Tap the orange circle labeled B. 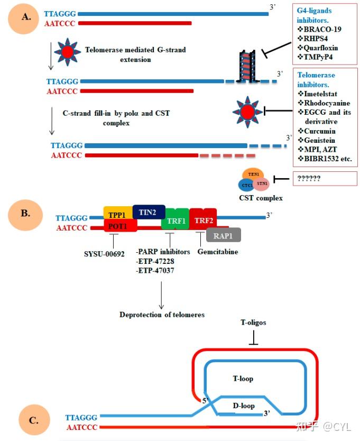[25, 215]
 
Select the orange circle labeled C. [34, 420]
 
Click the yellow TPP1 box [118, 213]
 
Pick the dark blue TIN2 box [149, 212]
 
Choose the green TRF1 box [175, 219]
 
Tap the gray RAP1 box [223, 235]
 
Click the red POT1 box [121, 226]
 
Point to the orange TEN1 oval [253, 174]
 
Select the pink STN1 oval [262, 183]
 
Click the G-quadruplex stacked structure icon [247, 66]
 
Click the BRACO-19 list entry [319, 29]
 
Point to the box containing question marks [325, 179]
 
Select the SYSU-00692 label [104, 254]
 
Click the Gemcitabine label [218, 252]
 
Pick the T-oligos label [253, 323]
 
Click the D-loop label [244, 406]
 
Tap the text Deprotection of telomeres [162, 315]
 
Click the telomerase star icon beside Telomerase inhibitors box [247, 112]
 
